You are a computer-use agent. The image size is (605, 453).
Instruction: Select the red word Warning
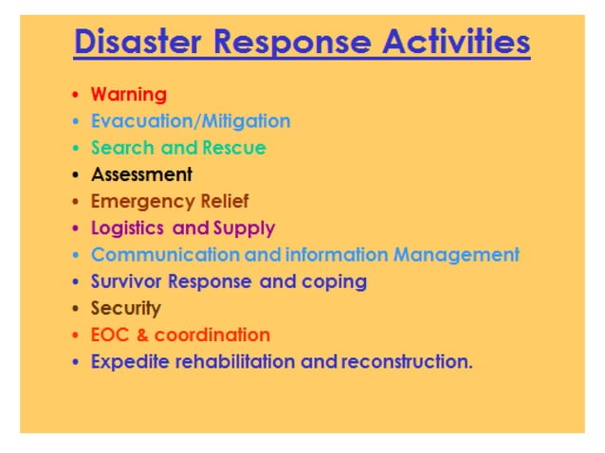click(x=128, y=95)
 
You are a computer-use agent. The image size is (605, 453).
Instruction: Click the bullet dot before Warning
click(x=75, y=96)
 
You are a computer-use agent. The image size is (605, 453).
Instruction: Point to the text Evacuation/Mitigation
click(x=191, y=121)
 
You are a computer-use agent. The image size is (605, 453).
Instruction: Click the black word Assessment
click(x=141, y=174)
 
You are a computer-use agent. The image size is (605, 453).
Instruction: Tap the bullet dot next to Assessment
click(x=75, y=175)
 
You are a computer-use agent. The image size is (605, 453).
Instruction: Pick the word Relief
click(x=225, y=201)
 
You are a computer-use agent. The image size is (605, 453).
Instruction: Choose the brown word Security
click(x=126, y=309)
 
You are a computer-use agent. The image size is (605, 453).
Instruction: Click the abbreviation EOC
click(x=110, y=335)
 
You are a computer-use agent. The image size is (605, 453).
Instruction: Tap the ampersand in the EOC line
click(x=141, y=335)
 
